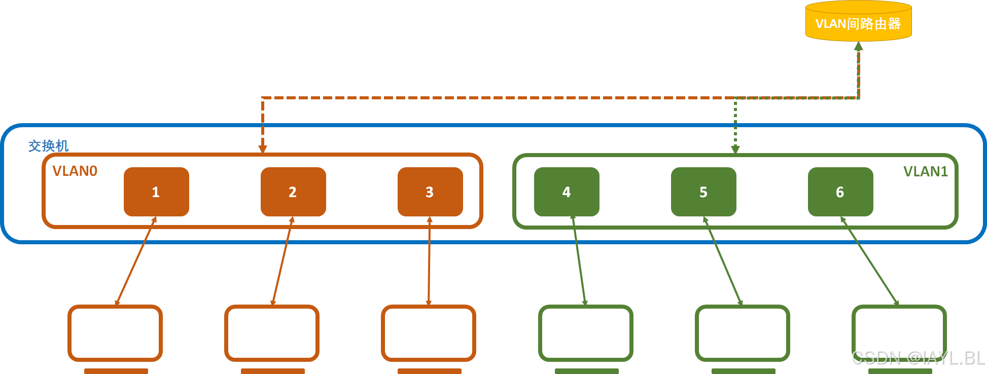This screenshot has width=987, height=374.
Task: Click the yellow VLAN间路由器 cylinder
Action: coord(858,23)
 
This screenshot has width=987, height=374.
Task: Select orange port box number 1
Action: coord(156,192)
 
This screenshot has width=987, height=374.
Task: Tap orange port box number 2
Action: coord(293,192)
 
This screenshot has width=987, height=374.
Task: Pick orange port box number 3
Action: coord(430,192)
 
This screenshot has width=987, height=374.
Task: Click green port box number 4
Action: coord(567,192)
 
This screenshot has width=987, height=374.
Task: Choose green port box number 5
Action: coord(703,192)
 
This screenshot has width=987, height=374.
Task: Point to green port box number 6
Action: coord(840,192)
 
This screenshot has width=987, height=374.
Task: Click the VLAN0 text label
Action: coord(75,171)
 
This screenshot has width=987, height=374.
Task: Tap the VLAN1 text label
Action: coord(925,172)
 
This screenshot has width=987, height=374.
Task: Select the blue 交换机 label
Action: coord(48,146)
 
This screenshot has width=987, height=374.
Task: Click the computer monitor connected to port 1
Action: coord(115,333)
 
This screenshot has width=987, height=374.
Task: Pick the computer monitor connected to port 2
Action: coord(272,333)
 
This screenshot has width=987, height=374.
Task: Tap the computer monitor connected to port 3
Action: coord(429,333)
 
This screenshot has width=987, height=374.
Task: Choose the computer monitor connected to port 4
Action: coord(586,333)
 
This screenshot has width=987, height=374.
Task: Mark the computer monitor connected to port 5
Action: coord(743,333)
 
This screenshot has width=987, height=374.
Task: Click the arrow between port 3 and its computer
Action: coord(429,261)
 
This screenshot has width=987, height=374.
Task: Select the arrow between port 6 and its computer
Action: coord(869,261)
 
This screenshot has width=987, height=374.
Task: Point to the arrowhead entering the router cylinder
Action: coord(858,46)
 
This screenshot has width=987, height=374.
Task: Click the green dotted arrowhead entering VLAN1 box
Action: coord(735,149)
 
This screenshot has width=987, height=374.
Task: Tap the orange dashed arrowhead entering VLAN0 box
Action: coord(263,149)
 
